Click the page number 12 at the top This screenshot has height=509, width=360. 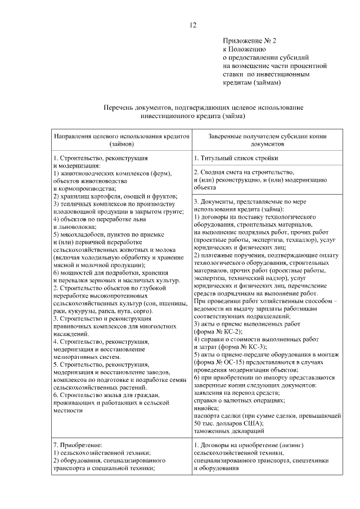pos(193,25)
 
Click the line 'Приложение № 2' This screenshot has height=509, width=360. pos(249,41)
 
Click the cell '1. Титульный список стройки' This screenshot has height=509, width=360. pos(236,159)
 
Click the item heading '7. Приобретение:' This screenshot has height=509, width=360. pos(76,445)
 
